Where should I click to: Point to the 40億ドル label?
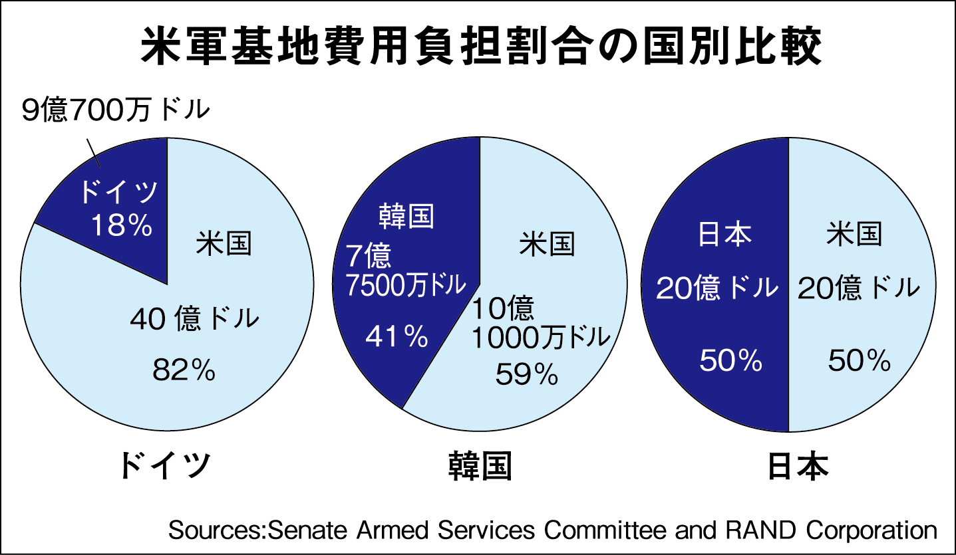coord(194,320)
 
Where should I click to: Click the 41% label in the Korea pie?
coord(397,338)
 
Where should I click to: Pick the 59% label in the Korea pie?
coord(526,376)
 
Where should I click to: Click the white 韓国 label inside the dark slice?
coord(406,217)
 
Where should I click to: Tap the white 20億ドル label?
coord(717,288)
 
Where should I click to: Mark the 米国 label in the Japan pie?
coord(854,234)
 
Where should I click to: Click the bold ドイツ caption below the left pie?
coord(166,466)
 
